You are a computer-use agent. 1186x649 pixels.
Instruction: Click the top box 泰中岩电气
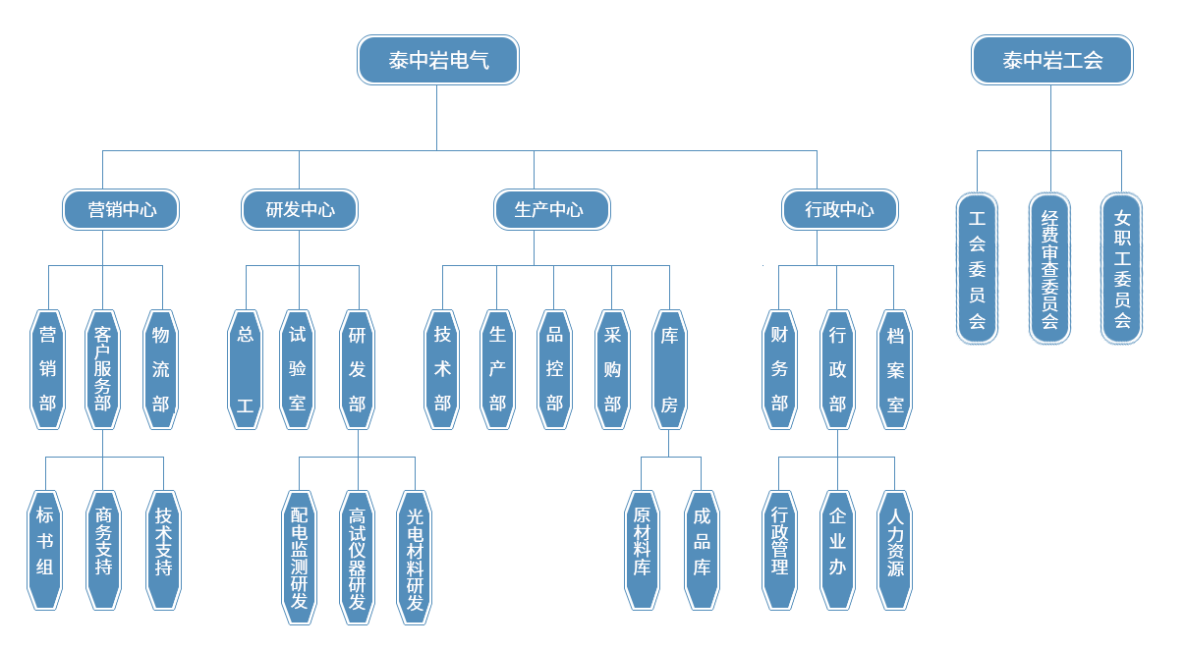(x=437, y=60)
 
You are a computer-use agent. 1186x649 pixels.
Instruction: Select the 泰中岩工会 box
(x=1051, y=60)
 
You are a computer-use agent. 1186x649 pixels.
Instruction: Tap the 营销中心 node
(x=122, y=209)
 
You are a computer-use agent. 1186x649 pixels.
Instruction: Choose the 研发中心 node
(x=300, y=209)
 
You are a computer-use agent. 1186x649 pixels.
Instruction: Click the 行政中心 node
(x=839, y=209)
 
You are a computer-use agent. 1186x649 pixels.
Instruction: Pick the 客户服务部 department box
(x=102, y=369)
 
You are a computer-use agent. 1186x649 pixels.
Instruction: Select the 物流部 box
(x=161, y=369)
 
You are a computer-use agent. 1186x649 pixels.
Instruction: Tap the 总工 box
(x=245, y=369)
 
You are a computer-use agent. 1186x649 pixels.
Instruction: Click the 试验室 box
(x=298, y=369)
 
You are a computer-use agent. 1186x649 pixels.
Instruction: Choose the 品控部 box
(x=554, y=369)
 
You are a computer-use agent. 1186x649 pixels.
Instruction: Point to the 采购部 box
(x=612, y=369)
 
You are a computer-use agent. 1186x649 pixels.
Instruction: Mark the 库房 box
(x=669, y=369)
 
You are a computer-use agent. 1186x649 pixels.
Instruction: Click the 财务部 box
(x=779, y=369)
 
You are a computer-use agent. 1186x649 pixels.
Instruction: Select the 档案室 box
(x=895, y=369)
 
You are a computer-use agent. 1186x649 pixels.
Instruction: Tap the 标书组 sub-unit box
(x=44, y=550)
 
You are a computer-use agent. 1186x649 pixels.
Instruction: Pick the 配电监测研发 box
(x=299, y=558)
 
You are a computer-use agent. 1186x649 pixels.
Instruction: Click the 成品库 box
(x=702, y=550)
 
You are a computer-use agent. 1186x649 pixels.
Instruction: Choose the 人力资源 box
(x=895, y=550)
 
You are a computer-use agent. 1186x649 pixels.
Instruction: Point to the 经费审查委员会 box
(x=1049, y=268)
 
